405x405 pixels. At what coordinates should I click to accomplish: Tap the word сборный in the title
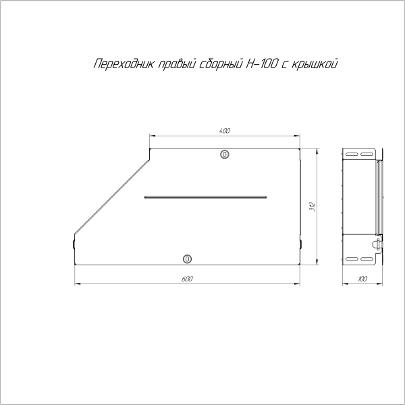pyautogui.click(x=217, y=65)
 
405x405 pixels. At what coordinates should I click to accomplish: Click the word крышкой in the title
pyautogui.click(x=313, y=65)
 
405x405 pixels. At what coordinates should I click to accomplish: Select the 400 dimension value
pyautogui.click(x=225, y=130)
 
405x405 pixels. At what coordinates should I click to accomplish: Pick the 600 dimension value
pyautogui.click(x=188, y=279)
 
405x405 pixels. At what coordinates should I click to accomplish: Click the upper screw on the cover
pyautogui.click(x=225, y=155)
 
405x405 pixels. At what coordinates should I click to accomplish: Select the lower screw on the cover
pyautogui.click(x=188, y=259)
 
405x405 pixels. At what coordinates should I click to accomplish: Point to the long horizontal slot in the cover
pyautogui.click(x=206, y=197)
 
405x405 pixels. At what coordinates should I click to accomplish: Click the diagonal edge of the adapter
pyautogui.click(x=111, y=196)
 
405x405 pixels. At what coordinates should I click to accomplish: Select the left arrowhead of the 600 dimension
pyautogui.click(x=76, y=283)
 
